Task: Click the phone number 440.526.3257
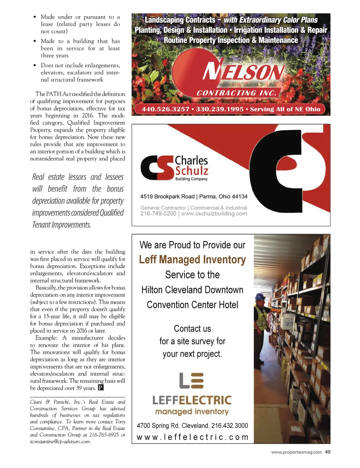click(166, 109)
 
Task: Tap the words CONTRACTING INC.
click(237, 93)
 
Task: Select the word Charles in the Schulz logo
click(191, 160)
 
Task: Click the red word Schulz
click(192, 171)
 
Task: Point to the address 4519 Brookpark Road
click(167, 196)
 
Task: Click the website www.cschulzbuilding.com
click(214, 214)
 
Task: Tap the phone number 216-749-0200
click(158, 214)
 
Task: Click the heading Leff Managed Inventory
click(192, 260)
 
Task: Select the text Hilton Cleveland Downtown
click(192, 290)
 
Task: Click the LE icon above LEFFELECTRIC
click(191, 381)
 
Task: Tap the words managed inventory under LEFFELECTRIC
click(192, 412)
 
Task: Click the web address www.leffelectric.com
click(192, 437)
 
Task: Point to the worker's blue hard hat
click(260, 297)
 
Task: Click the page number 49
click(328, 452)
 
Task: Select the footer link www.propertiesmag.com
click(296, 452)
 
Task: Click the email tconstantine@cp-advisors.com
click(60, 442)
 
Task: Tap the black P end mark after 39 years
click(101, 388)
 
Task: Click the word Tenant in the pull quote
click(41, 225)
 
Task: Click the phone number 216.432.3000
click(230, 425)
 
